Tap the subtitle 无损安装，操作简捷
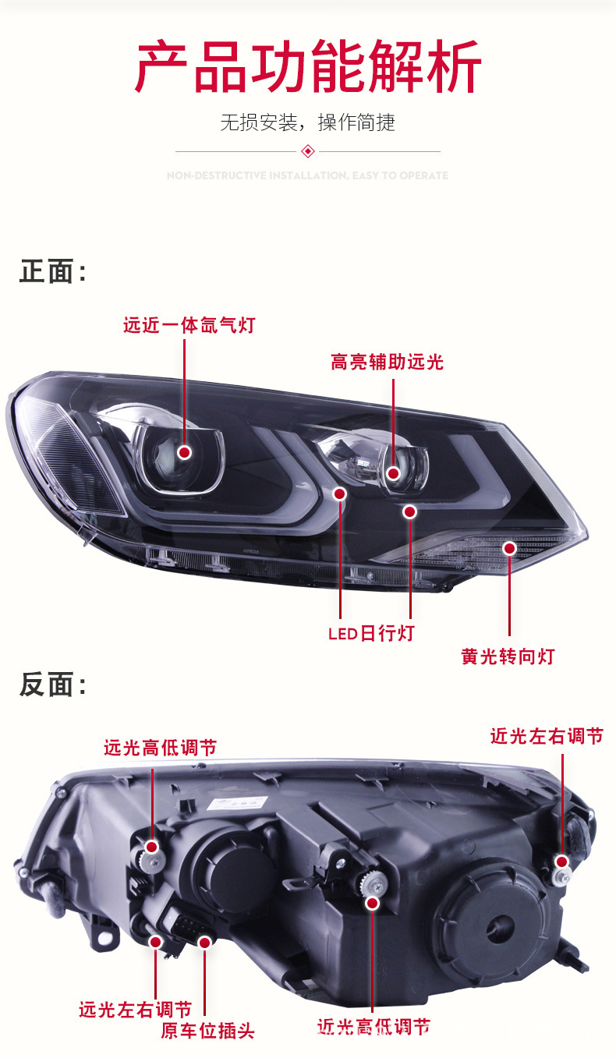pyautogui.click(x=308, y=122)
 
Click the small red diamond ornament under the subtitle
pyautogui.click(x=308, y=150)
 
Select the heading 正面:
pyautogui.click(x=52, y=272)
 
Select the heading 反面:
pyautogui.click(x=52, y=685)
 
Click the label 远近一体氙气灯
pyautogui.click(x=189, y=325)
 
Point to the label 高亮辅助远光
pyautogui.click(x=387, y=362)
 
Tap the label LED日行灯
pyautogui.click(x=371, y=633)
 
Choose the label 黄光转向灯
pyautogui.click(x=508, y=656)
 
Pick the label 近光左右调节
pyautogui.click(x=547, y=736)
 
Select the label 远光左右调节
pyautogui.click(x=135, y=1010)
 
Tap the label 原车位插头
pyautogui.click(x=207, y=1031)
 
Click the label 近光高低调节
pyautogui.click(x=373, y=1027)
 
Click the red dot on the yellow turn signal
pyautogui.click(x=509, y=548)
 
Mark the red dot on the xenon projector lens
pyautogui.click(x=185, y=452)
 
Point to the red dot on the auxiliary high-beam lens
pyautogui.click(x=394, y=473)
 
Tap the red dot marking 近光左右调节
pyautogui.click(x=561, y=861)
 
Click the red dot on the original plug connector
pyautogui.click(x=205, y=943)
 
